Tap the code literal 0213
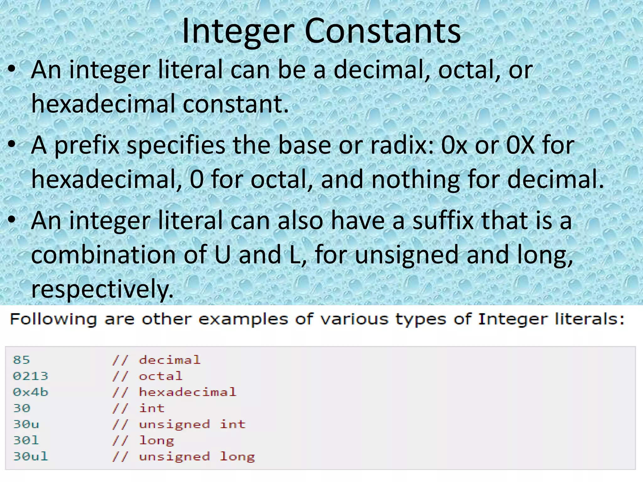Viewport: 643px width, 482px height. (30, 376)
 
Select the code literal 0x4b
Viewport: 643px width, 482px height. (30, 392)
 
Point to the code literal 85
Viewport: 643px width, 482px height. (21, 360)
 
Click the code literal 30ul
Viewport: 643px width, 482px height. (30, 456)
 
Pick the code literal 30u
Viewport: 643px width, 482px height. (26, 424)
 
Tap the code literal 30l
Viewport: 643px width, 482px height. (26, 440)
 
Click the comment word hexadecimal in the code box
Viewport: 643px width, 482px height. (187, 392)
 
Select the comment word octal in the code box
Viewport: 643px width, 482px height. (160, 376)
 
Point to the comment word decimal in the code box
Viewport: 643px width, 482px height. (170, 360)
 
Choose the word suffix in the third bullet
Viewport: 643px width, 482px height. (443, 221)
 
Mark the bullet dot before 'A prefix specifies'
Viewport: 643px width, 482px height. (12, 145)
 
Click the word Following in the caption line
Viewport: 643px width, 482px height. (53, 320)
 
